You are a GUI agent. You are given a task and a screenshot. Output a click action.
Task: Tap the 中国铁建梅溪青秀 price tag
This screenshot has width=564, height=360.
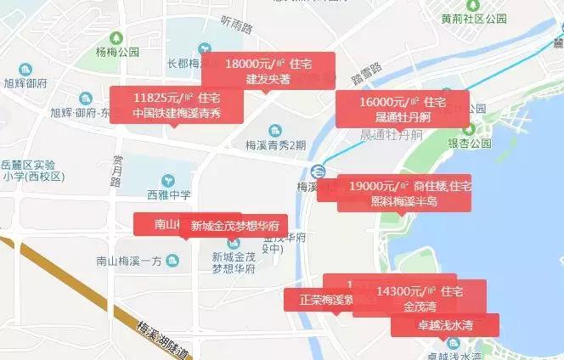point(177,106)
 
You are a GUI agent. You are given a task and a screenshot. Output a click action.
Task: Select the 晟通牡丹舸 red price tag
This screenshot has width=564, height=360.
point(402,110)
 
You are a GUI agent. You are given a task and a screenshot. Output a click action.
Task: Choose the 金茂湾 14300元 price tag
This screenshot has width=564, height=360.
point(421,298)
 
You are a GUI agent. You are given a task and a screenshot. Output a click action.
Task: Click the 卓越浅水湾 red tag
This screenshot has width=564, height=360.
point(445,325)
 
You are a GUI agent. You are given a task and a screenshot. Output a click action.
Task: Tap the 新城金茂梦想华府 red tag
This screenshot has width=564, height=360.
point(234,227)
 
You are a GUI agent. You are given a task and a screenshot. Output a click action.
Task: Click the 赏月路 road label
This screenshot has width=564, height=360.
point(117,170)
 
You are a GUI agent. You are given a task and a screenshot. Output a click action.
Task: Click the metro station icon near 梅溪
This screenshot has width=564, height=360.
point(317,168)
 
